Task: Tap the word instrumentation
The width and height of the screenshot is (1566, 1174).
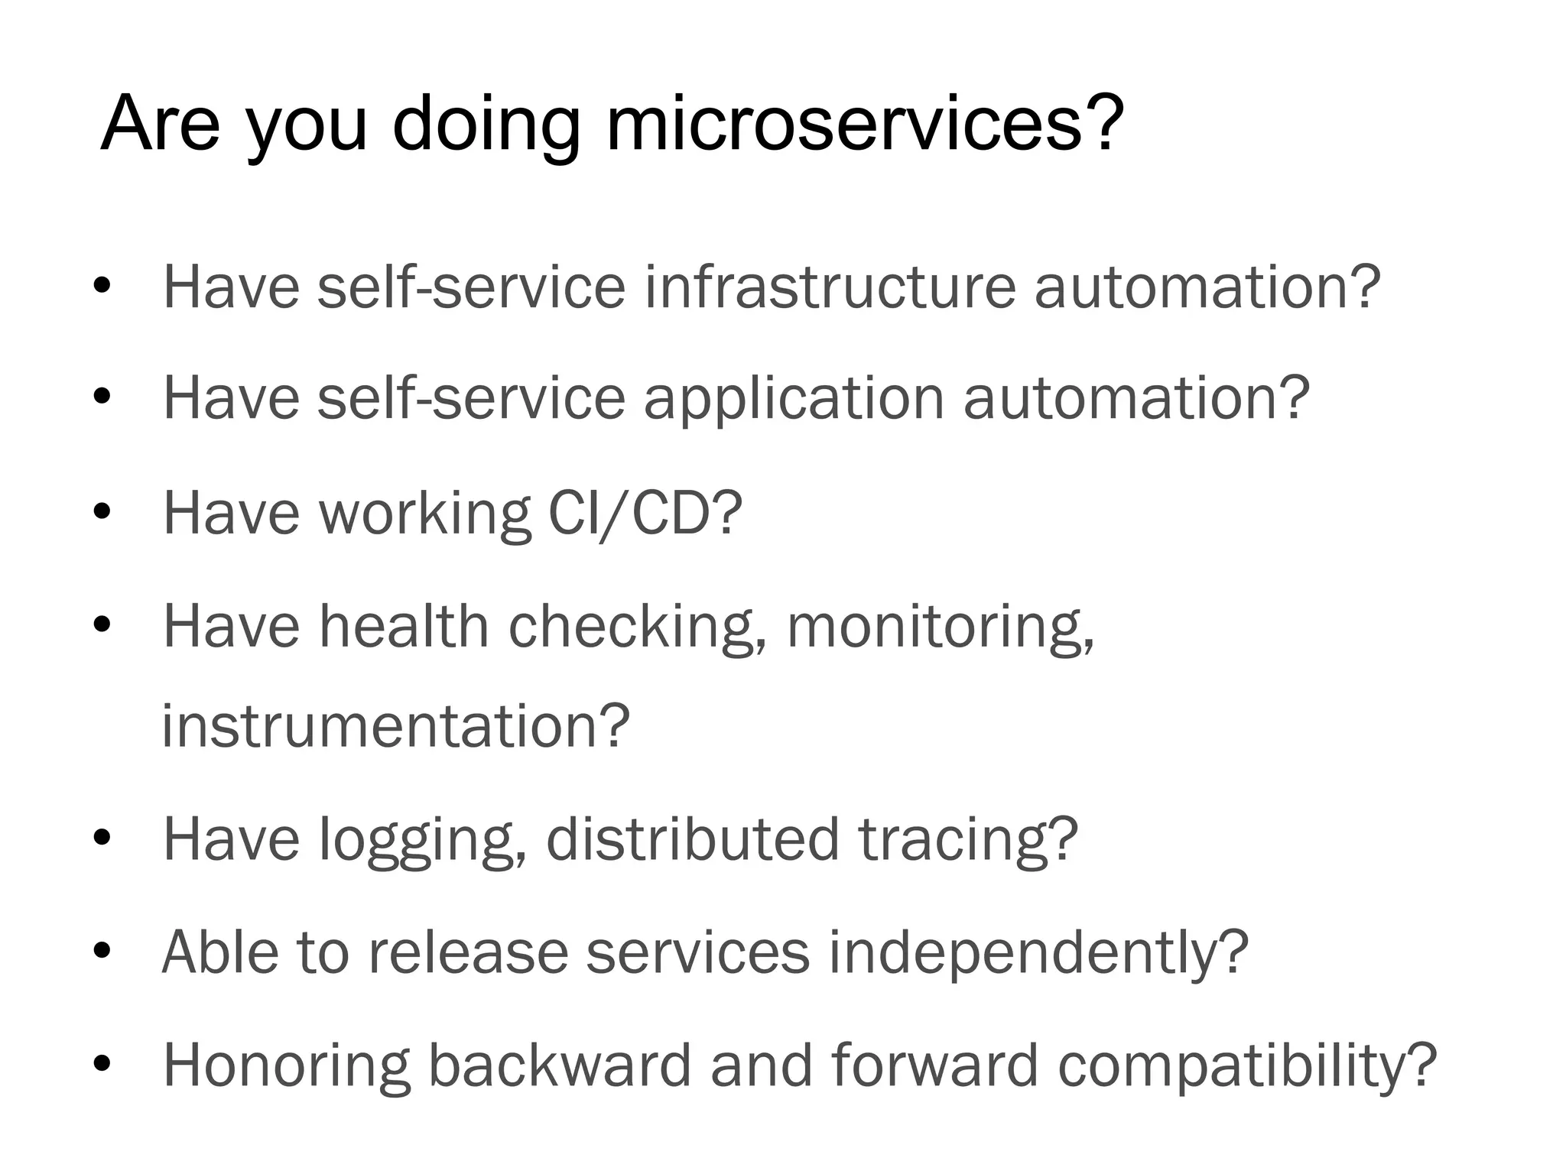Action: click(395, 725)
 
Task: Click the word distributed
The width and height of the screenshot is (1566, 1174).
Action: click(693, 838)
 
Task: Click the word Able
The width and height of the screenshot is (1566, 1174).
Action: click(220, 952)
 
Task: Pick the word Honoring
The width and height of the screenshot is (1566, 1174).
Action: click(287, 1066)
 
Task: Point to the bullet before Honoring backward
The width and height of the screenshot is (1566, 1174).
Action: click(102, 1064)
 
